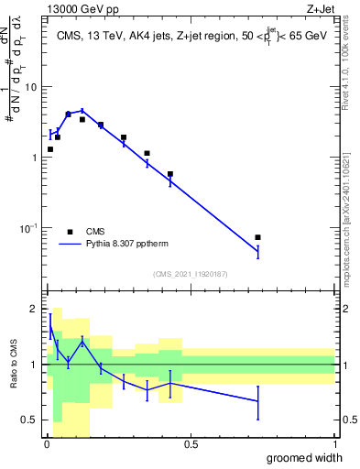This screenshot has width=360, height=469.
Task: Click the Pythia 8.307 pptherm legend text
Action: (124, 245)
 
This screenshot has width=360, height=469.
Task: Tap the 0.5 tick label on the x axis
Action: (191, 443)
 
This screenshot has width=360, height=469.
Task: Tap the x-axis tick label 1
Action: (334, 443)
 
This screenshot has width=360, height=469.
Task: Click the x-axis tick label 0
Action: (47, 443)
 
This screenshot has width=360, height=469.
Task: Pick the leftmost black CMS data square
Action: (50, 149)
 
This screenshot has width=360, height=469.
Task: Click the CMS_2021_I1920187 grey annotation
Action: (190, 274)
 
